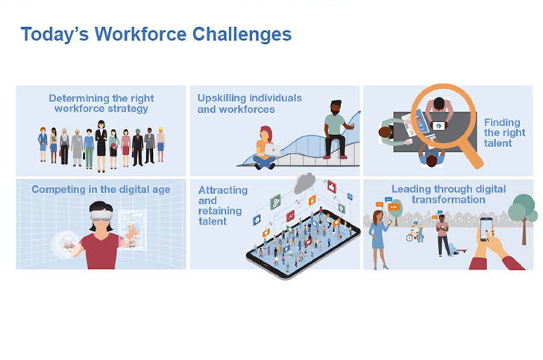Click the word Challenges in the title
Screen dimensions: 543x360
click(242, 35)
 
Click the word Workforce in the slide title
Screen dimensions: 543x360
click(140, 34)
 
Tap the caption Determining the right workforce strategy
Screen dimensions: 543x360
click(101, 104)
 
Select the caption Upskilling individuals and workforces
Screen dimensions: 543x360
click(249, 104)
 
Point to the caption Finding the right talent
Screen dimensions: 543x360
click(504, 133)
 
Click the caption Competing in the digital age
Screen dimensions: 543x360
click(101, 189)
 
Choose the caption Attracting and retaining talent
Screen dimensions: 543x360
click(223, 206)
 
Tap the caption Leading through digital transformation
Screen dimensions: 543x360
click(448, 195)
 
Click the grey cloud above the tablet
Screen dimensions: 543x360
click(305, 183)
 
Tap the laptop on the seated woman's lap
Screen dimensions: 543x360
click(272, 151)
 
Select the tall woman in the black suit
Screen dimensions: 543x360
click(101, 146)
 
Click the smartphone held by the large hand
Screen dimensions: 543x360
click(486, 229)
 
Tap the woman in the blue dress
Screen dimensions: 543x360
click(378, 239)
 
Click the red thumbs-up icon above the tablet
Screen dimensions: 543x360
click(332, 187)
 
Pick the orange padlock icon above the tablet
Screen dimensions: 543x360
click(312, 200)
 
